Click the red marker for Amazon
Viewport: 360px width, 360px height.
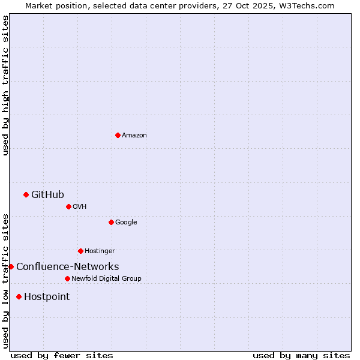coord(118,135)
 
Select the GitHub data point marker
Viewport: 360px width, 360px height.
coord(26,194)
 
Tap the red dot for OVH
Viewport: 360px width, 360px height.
coord(68,206)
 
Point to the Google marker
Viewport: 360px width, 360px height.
coord(111,222)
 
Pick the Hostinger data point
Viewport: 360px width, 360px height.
coord(80,251)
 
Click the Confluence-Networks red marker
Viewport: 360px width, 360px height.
coord(11,266)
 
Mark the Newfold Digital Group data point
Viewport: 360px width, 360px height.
coord(67,278)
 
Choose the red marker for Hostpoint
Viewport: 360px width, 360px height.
coord(19,296)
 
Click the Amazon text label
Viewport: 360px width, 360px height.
coord(134,135)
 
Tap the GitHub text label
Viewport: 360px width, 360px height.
coord(47,194)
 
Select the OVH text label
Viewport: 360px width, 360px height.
coord(79,206)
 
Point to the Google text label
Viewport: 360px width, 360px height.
coord(126,222)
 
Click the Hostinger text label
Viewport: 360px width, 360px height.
coord(100,251)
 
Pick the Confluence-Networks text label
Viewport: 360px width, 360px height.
coord(67,266)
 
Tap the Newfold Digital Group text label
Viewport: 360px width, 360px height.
coord(106,278)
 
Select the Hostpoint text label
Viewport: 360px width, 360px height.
coord(47,296)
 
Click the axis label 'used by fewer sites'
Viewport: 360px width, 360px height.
coord(62,355)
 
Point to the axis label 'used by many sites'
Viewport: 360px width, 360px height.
coord(301,355)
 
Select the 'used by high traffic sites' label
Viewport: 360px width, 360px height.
coord(5,86)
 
